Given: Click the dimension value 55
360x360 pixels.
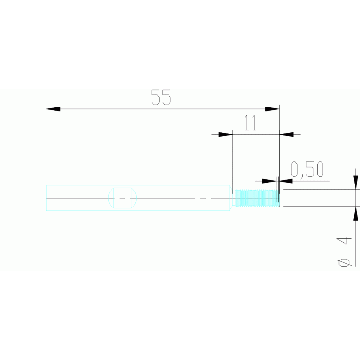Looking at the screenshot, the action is [161, 97].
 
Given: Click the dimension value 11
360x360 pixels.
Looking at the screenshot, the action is [250, 123].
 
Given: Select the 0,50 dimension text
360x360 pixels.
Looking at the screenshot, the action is [307, 169].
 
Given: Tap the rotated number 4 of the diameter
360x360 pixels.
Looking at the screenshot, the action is [344, 241].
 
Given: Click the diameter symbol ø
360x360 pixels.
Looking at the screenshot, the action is [344, 262].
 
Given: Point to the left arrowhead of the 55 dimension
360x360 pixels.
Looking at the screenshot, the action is [53, 109].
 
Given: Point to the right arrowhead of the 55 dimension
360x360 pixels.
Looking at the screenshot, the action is [272, 109].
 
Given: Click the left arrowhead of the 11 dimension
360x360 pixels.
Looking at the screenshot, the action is [225, 134].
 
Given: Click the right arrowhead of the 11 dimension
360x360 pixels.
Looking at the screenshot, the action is [286, 134].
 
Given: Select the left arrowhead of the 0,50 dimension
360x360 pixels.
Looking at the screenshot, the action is [269, 181].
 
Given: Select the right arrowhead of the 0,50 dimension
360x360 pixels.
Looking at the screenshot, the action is [286, 181].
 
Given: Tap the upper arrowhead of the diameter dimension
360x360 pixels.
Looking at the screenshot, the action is [356, 183].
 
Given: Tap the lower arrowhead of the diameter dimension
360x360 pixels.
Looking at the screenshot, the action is [356, 214].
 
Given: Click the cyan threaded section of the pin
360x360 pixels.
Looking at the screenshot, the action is [257, 198].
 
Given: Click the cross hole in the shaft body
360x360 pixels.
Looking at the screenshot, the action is [123, 198].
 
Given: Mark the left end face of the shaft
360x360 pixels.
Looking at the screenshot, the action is [46, 198].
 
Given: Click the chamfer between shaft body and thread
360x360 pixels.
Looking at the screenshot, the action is [231, 198].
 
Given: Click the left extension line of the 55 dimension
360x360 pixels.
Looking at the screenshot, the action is [46, 143].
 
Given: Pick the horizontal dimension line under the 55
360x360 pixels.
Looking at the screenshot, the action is [163, 109].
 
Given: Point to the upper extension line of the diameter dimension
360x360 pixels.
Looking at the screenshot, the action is [322, 190].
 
